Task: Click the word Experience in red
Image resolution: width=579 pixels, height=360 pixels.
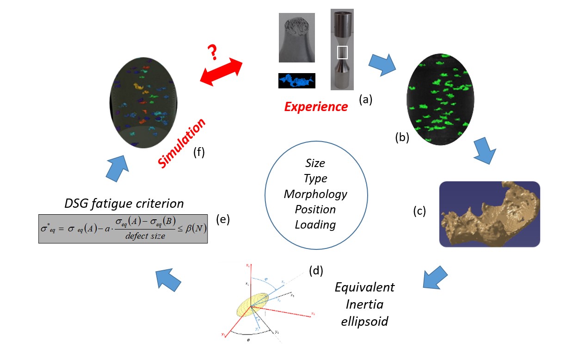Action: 316,107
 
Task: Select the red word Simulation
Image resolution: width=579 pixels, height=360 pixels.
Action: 182,143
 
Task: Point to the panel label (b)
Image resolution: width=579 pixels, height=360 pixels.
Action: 402,137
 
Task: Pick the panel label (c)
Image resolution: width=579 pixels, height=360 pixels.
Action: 419,211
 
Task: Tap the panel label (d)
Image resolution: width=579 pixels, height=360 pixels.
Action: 315,271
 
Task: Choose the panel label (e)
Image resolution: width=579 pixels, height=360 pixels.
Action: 222,220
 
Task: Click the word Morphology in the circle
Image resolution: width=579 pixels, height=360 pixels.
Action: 315,193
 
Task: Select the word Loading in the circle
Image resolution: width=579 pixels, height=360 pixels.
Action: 315,224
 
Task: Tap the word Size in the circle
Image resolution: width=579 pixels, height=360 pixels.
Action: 315,163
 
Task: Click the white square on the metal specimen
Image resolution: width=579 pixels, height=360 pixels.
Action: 342,53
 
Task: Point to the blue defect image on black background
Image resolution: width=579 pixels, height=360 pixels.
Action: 296,81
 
